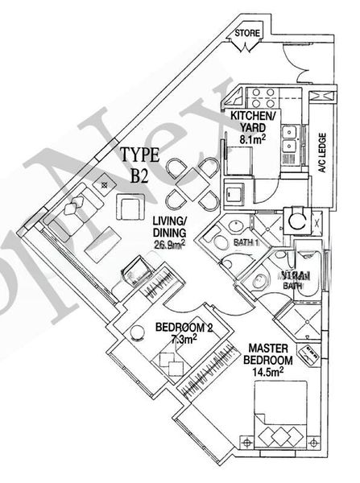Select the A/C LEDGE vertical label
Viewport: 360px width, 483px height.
(x=320, y=152)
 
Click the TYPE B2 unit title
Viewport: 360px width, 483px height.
(x=140, y=166)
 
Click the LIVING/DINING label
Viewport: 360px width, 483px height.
(x=169, y=227)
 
